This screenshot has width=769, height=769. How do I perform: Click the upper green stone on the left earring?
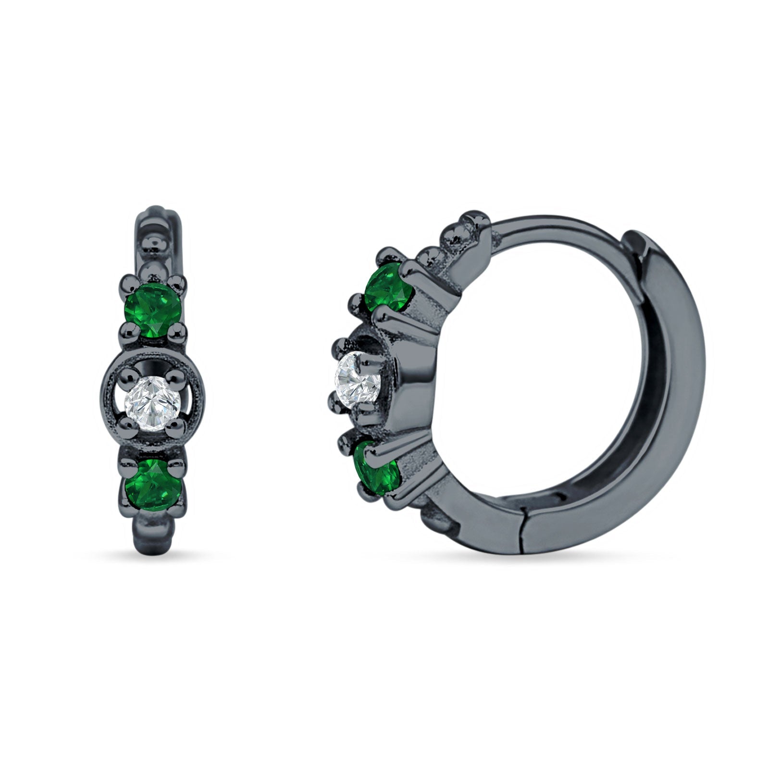153,306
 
